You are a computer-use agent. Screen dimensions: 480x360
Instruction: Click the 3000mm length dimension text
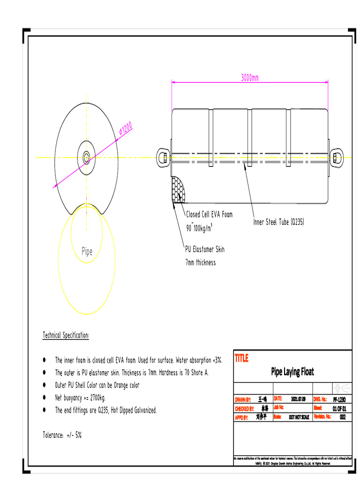pos(250,77)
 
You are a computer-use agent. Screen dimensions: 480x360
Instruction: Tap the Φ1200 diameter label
pos(126,128)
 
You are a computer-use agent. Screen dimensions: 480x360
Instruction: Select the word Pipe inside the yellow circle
pos(87,252)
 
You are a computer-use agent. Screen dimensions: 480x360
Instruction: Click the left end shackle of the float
pos(164,157)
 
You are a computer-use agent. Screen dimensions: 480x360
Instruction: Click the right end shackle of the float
pos(336,157)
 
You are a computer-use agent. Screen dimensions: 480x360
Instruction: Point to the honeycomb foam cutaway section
pos(179,191)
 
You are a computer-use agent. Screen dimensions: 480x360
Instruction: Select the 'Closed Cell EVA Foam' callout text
pos(209,215)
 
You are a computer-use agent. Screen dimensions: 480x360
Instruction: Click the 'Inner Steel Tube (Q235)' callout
pos(279,222)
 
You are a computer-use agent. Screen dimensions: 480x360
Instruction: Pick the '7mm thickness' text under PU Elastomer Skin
pos(201,262)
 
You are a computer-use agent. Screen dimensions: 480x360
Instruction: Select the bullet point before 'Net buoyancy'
pos(45,397)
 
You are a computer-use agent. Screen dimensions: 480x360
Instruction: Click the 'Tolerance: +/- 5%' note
pos(62,435)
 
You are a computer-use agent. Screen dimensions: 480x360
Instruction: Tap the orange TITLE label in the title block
pos(241,359)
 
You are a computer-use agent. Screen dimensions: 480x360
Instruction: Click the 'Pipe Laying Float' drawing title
pos(292,372)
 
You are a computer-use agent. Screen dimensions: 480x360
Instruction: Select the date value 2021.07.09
pos(298,399)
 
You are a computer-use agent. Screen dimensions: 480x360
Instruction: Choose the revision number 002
pos(343,417)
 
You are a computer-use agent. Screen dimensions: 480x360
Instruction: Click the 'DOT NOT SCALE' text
pos(299,417)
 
